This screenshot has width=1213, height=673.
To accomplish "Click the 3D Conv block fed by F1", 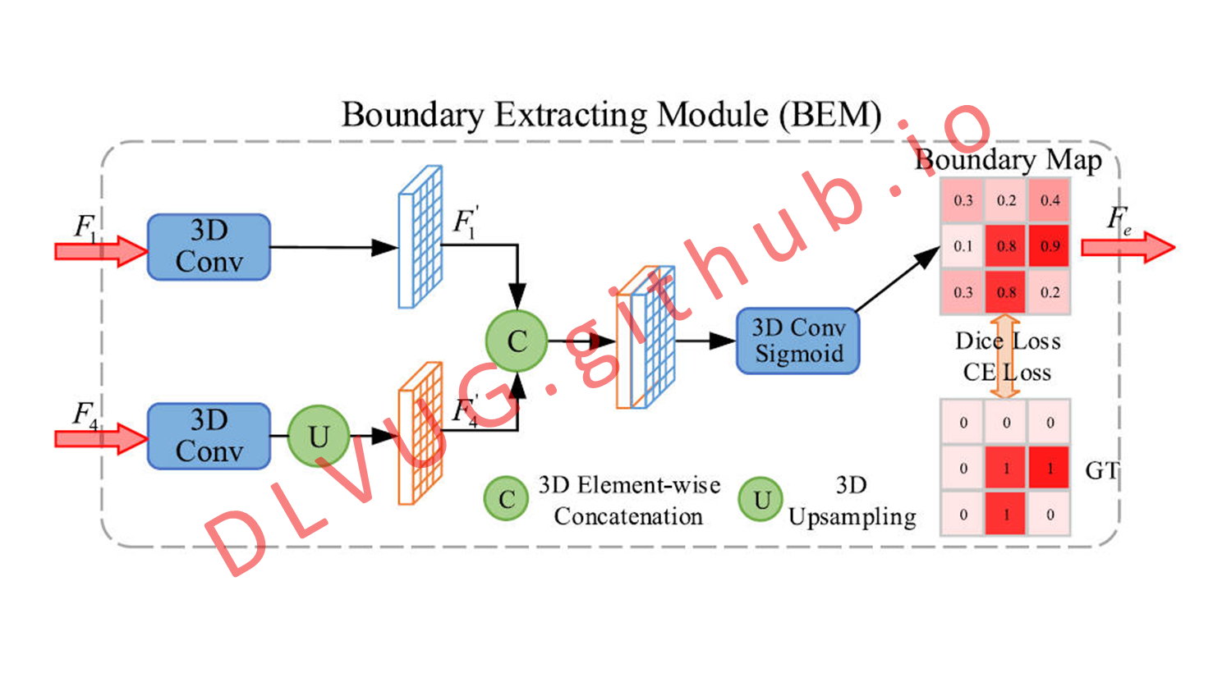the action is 209,247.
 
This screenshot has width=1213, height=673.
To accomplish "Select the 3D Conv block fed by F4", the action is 209,436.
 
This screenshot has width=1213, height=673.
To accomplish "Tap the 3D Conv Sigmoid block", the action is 797,341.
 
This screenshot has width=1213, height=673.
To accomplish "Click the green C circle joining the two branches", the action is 517,341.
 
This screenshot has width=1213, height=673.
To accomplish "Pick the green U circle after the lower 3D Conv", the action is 319,436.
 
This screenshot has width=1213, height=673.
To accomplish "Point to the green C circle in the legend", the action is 507,498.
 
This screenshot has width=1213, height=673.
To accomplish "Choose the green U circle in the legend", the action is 760,498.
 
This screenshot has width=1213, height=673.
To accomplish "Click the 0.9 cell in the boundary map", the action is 1050,246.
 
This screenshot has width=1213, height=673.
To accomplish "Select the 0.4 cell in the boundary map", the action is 1050,200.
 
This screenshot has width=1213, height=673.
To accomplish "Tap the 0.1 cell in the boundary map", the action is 963,246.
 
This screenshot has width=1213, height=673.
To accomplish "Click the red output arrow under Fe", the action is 1128,247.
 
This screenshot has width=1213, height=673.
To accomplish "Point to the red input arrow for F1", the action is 101,251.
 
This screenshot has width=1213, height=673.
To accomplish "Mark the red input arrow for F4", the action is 101,438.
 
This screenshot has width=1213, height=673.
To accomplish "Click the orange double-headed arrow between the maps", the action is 1005,357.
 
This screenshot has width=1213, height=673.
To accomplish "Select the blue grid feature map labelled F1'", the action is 420,237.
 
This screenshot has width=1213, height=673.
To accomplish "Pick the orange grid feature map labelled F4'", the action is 420,433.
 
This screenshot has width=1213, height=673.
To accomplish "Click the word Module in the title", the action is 713,115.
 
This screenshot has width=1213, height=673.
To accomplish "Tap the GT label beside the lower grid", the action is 1101,470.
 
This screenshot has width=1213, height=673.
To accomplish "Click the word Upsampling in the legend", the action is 852,517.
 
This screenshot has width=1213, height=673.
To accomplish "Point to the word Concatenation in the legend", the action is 628,516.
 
